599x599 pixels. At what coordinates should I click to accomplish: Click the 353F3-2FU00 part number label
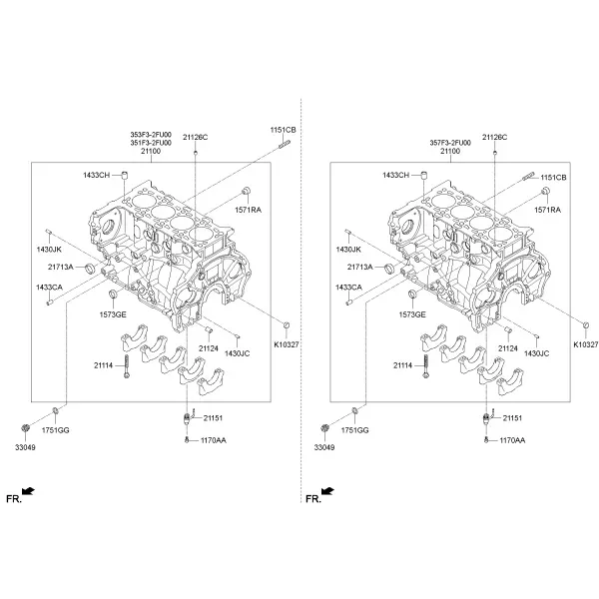coord(151,135)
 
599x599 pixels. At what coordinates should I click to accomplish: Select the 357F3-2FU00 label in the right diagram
coord(450,143)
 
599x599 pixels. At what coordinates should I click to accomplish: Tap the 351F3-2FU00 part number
coord(151,143)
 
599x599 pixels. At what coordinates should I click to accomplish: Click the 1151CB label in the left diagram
coord(284,130)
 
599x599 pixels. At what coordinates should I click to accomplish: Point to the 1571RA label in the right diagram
coord(547,210)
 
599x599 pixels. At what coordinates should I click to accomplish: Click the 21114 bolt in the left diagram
coord(127,365)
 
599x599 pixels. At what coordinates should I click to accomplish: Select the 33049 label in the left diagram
coord(25,447)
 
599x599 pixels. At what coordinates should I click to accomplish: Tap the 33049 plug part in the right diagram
coord(324,428)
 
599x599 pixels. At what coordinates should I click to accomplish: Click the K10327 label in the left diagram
coord(287,344)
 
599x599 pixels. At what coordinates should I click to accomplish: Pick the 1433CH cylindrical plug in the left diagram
coord(124,176)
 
